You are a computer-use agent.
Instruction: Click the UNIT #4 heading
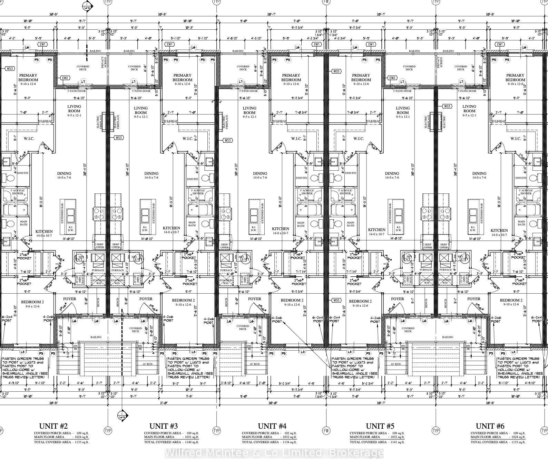272,426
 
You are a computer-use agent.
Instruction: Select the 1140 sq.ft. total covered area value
192,442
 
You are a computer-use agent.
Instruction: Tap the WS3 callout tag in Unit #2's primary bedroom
10,68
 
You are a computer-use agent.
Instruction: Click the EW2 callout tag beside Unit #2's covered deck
65,78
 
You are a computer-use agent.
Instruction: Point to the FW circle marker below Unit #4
326,431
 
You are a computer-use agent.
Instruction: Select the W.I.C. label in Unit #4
296,139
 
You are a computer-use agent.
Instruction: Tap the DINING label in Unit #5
392,173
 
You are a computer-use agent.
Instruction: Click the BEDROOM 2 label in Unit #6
511,300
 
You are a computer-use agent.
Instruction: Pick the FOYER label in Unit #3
146,299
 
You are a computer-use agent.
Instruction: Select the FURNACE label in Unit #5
425,270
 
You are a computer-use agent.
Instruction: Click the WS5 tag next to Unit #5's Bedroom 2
336,300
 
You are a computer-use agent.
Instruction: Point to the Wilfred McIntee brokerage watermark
274,453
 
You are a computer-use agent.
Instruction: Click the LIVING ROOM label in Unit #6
469,109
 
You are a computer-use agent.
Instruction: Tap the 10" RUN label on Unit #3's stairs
147,364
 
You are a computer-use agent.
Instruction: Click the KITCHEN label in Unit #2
44,231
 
